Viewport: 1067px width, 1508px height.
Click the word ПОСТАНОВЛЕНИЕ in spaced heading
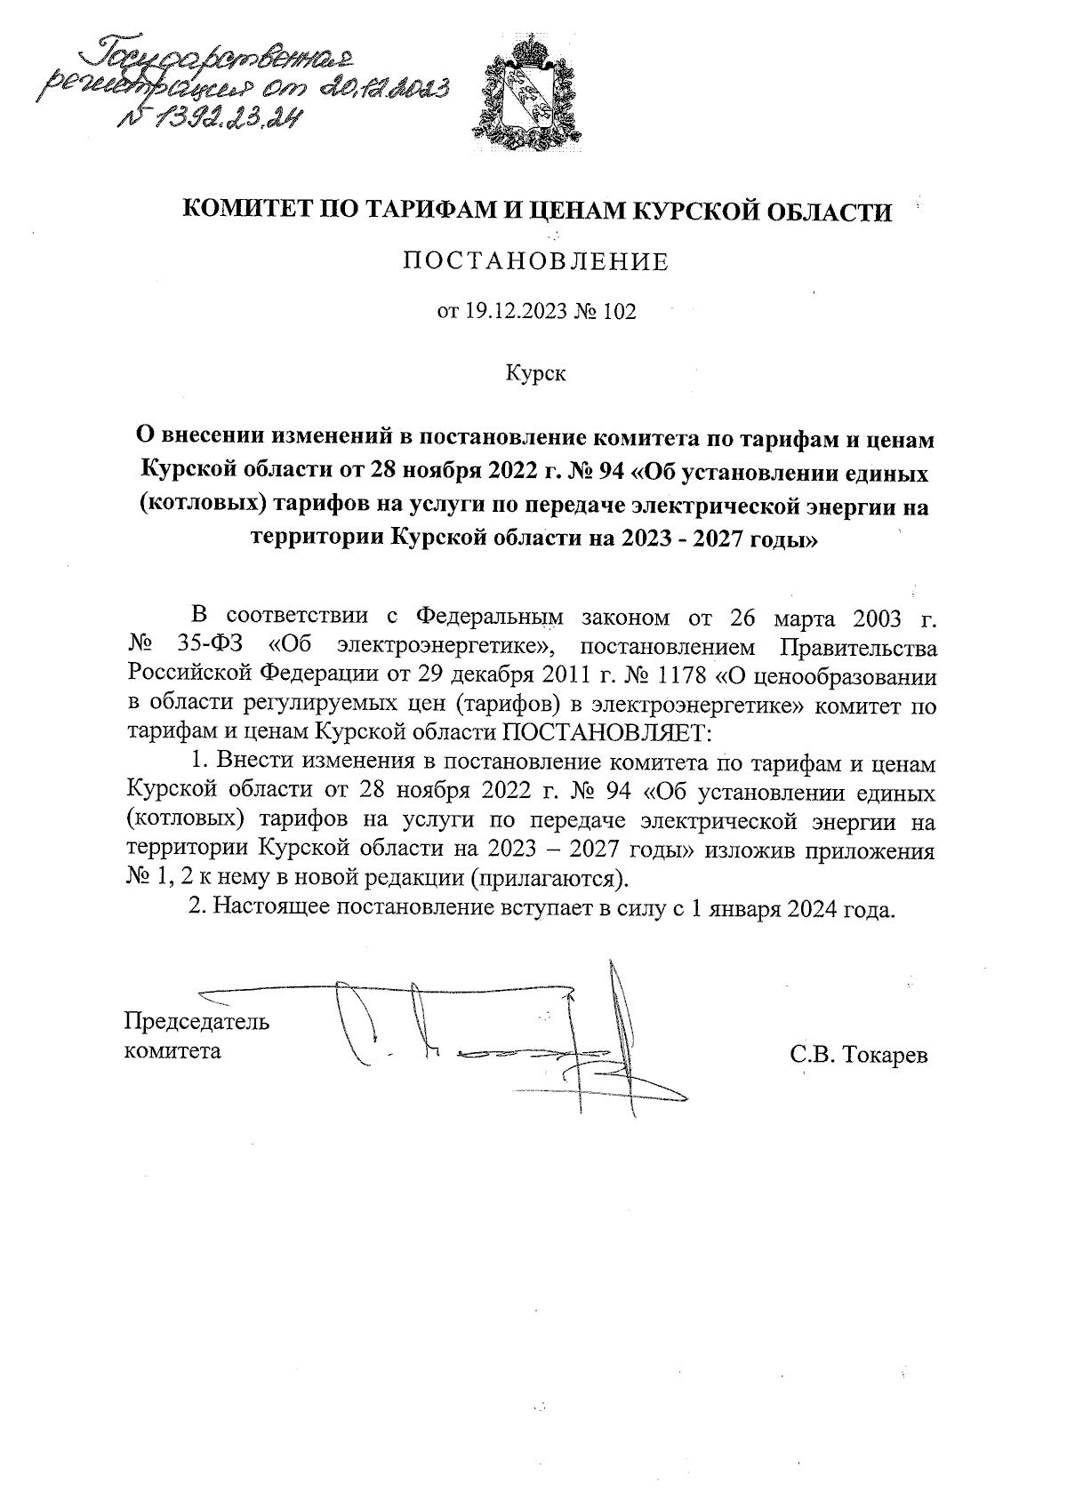click(535, 262)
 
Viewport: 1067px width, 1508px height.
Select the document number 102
click(619, 313)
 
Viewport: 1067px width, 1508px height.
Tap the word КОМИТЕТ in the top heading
click(234, 211)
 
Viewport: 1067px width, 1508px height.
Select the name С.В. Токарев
click(857, 1055)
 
